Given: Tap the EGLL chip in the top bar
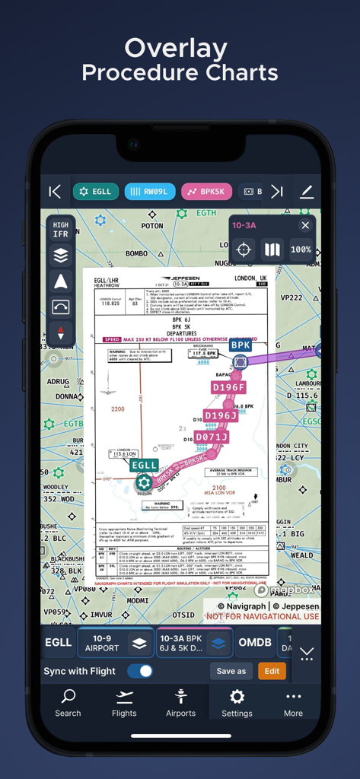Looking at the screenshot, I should coord(96,192).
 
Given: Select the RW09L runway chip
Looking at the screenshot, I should coord(150,192).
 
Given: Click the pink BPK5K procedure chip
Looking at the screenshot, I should coord(206,192).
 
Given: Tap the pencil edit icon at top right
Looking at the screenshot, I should coord(307,192).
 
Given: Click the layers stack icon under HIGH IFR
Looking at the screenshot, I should coord(61,256).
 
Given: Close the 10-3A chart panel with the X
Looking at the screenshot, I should coord(305,225).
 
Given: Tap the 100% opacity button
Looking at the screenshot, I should coord(301,250).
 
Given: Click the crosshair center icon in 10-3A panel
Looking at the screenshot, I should coord(244,250).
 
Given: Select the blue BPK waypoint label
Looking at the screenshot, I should coord(241,345).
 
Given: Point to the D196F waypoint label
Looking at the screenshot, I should coord(228,387).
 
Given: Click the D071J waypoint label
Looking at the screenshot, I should coord(212,437).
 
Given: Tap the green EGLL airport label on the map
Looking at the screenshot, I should coord(144,465).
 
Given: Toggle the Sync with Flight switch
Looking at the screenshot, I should coord(140,671).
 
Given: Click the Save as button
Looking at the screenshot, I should coord(231,671).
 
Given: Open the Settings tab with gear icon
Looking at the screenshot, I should coord(237,702).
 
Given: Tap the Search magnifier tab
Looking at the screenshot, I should coord(68,702).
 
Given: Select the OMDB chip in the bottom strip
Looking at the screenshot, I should coord(255,643).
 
